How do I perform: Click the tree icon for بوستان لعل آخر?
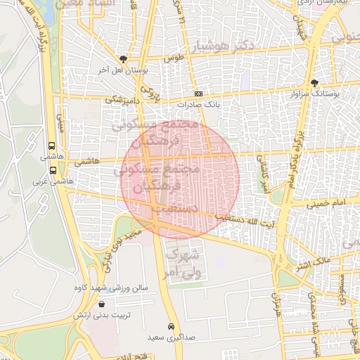pyautogui.click(x=124, y=60)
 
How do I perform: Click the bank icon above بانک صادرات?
pyautogui.click(x=199, y=93)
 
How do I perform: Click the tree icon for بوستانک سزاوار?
pyautogui.click(x=314, y=84)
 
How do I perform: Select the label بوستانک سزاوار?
pyautogui.click(x=315, y=94)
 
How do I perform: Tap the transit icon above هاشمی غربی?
pyautogui.click(x=53, y=170)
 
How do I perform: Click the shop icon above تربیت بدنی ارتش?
pyautogui.click(x=103, y=304)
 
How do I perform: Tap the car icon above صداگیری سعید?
pyautogui.click(x=171, y=327)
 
